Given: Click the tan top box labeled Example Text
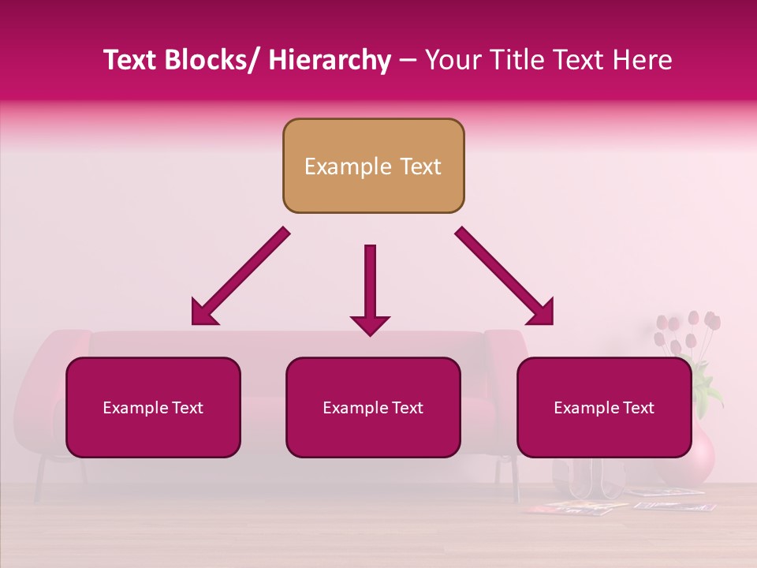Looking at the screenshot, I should point(373,166).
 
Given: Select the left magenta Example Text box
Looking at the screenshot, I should point(153,407).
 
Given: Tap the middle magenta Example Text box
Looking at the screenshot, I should point(373,407).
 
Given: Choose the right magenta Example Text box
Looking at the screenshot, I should point(604,407).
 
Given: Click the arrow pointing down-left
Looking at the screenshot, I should point(240,277).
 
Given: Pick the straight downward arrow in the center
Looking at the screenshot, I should point(370,288).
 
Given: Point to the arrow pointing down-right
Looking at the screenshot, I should point(505,276).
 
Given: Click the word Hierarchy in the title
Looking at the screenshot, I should point(330,60).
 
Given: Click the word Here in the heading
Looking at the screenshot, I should point(642,60).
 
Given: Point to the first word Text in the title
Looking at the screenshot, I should point(130,60).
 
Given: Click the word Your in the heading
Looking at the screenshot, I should point(452,60).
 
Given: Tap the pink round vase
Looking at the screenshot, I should point(698,454).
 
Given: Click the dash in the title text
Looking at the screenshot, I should point(408,60).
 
